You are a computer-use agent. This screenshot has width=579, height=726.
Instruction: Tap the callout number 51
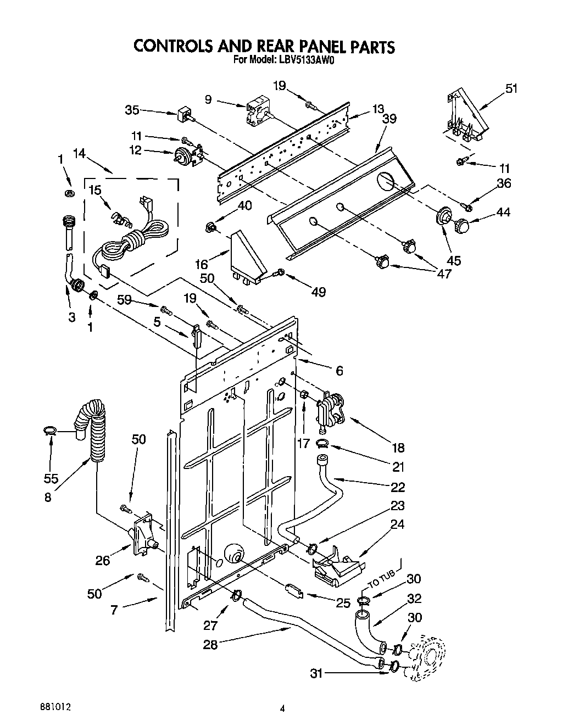[x=511, y=88]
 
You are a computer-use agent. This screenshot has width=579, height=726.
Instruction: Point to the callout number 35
[x=132, y=110]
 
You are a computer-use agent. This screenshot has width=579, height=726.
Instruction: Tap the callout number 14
[x=79, y=154]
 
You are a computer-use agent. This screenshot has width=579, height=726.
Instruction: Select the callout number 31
[x=316, y=672]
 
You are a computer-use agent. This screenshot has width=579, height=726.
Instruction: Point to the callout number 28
[x=210, y=644]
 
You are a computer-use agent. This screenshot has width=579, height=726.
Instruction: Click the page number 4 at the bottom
[x=282, y=708]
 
